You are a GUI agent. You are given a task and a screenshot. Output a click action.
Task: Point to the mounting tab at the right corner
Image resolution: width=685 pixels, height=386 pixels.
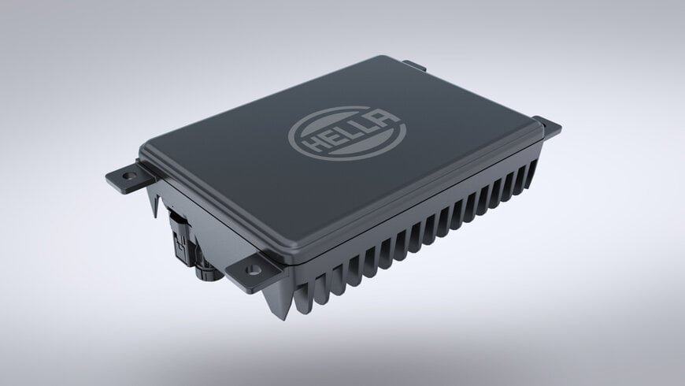pos(548,124)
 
